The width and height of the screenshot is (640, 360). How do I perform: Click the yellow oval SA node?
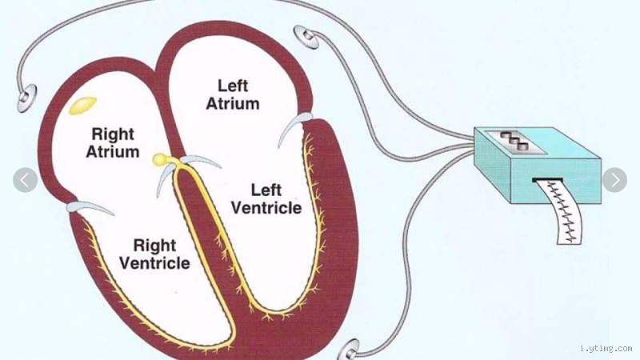[x=82, y=103]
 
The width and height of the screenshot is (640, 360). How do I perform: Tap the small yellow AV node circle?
[x=161, y=160]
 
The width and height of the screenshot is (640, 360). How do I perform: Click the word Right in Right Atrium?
[x=113, y=134]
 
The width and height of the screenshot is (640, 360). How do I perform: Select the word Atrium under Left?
[x=233, y=103]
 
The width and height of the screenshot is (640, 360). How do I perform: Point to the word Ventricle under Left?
[x=265, y=208]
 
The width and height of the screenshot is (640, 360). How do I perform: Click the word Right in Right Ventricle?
[x=154, y=245]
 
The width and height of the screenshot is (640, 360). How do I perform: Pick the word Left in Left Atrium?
[x=232, y=85]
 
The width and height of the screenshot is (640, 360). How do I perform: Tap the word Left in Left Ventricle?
[x=266, y=190]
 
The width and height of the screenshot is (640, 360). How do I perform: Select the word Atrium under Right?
[x=115, y=152]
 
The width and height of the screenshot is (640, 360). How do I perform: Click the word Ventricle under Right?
[x=154, y=263]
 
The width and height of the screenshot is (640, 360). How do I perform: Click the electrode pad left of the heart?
[x=26, y=98]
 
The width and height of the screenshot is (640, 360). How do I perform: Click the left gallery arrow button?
[x=25, y=180]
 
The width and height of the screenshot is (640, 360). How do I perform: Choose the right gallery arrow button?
[x=614, y=180]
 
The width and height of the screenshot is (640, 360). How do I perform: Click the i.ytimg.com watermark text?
[x=604, y=349]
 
